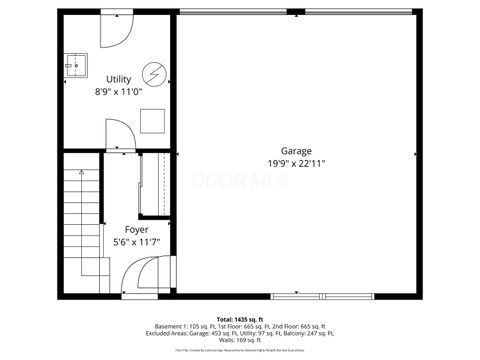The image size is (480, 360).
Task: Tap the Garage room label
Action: [x=295, y=150]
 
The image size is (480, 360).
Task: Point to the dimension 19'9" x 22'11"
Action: [x=295, y=163]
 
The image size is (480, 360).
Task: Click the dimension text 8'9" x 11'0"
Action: [x=118, y=91]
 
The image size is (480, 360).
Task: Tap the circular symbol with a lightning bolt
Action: [x=153, y=73]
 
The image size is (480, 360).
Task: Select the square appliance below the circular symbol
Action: [x=152, y=119]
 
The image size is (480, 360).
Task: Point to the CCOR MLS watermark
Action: [x=240, y=182]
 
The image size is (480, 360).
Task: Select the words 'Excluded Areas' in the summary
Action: [x=167, y=333]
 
